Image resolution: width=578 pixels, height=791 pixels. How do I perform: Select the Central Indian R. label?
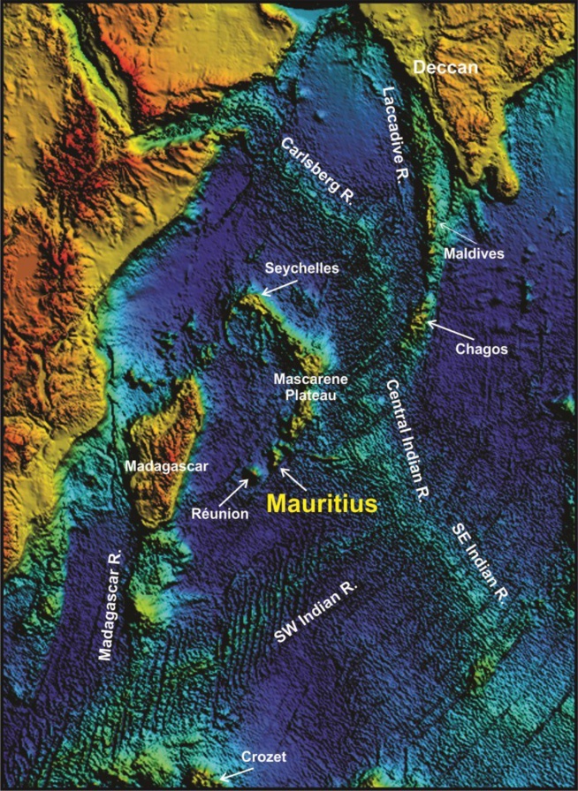coord(407,440)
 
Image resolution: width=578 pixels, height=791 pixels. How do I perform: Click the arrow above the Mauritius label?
coord(293,478)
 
